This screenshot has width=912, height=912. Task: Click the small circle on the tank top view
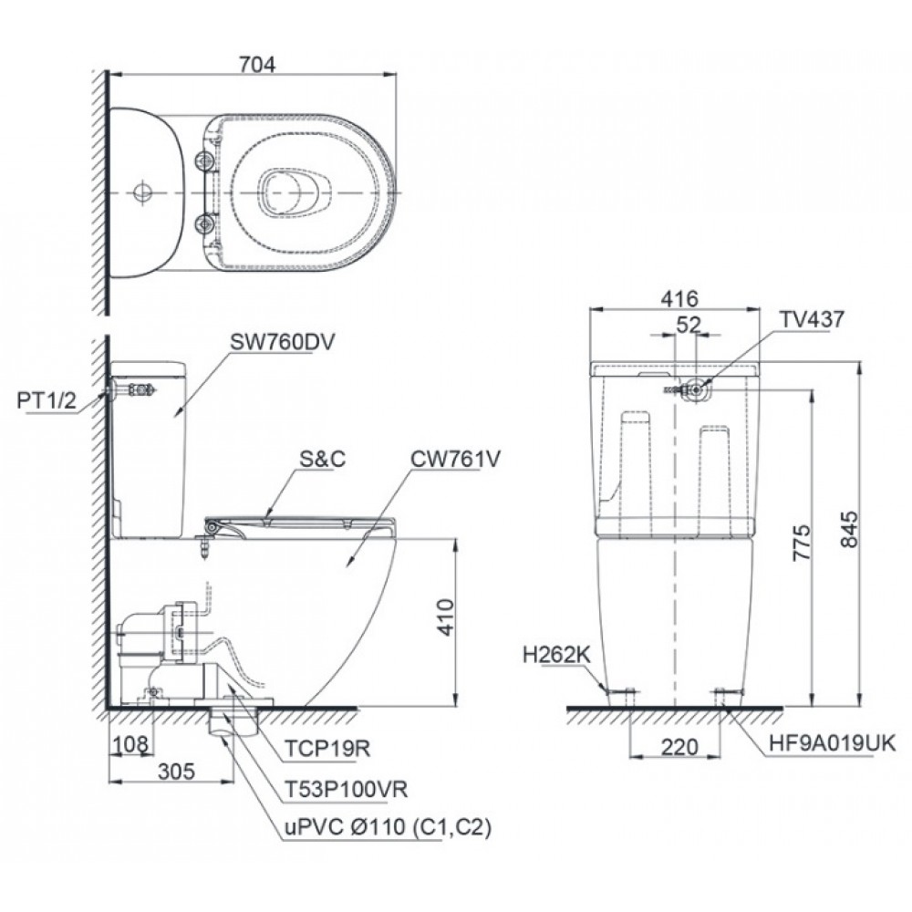142,193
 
